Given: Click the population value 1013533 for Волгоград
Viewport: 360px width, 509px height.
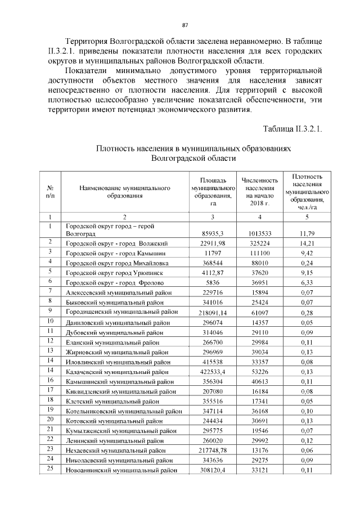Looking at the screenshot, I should pos(260,233).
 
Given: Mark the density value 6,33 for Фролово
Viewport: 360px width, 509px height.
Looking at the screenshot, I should pos(307,282).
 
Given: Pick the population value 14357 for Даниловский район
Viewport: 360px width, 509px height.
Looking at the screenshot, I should pos(260,322).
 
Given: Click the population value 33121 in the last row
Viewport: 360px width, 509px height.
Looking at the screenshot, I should pos(260,470).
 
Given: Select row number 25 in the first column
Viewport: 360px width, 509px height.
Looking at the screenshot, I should pos(50,470).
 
